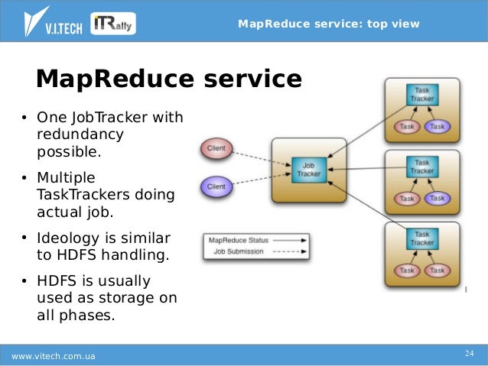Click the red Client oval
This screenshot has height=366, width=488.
pos(216,148)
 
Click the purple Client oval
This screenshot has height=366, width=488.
pos(216,185)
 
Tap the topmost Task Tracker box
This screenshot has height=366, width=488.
pos(422,95)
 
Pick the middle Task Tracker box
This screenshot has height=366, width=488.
pos(422,167)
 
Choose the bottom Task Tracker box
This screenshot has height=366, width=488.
pos(422,238)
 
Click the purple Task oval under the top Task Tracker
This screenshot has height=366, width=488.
pos(438,126)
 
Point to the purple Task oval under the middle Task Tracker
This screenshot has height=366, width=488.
pos(438,199)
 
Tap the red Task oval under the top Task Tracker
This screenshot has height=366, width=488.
pos(407,126)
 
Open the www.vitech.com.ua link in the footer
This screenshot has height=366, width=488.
pos(54,356)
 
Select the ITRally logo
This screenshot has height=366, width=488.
pos(114,23)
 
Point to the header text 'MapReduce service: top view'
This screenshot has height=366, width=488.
pos(329,24)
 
